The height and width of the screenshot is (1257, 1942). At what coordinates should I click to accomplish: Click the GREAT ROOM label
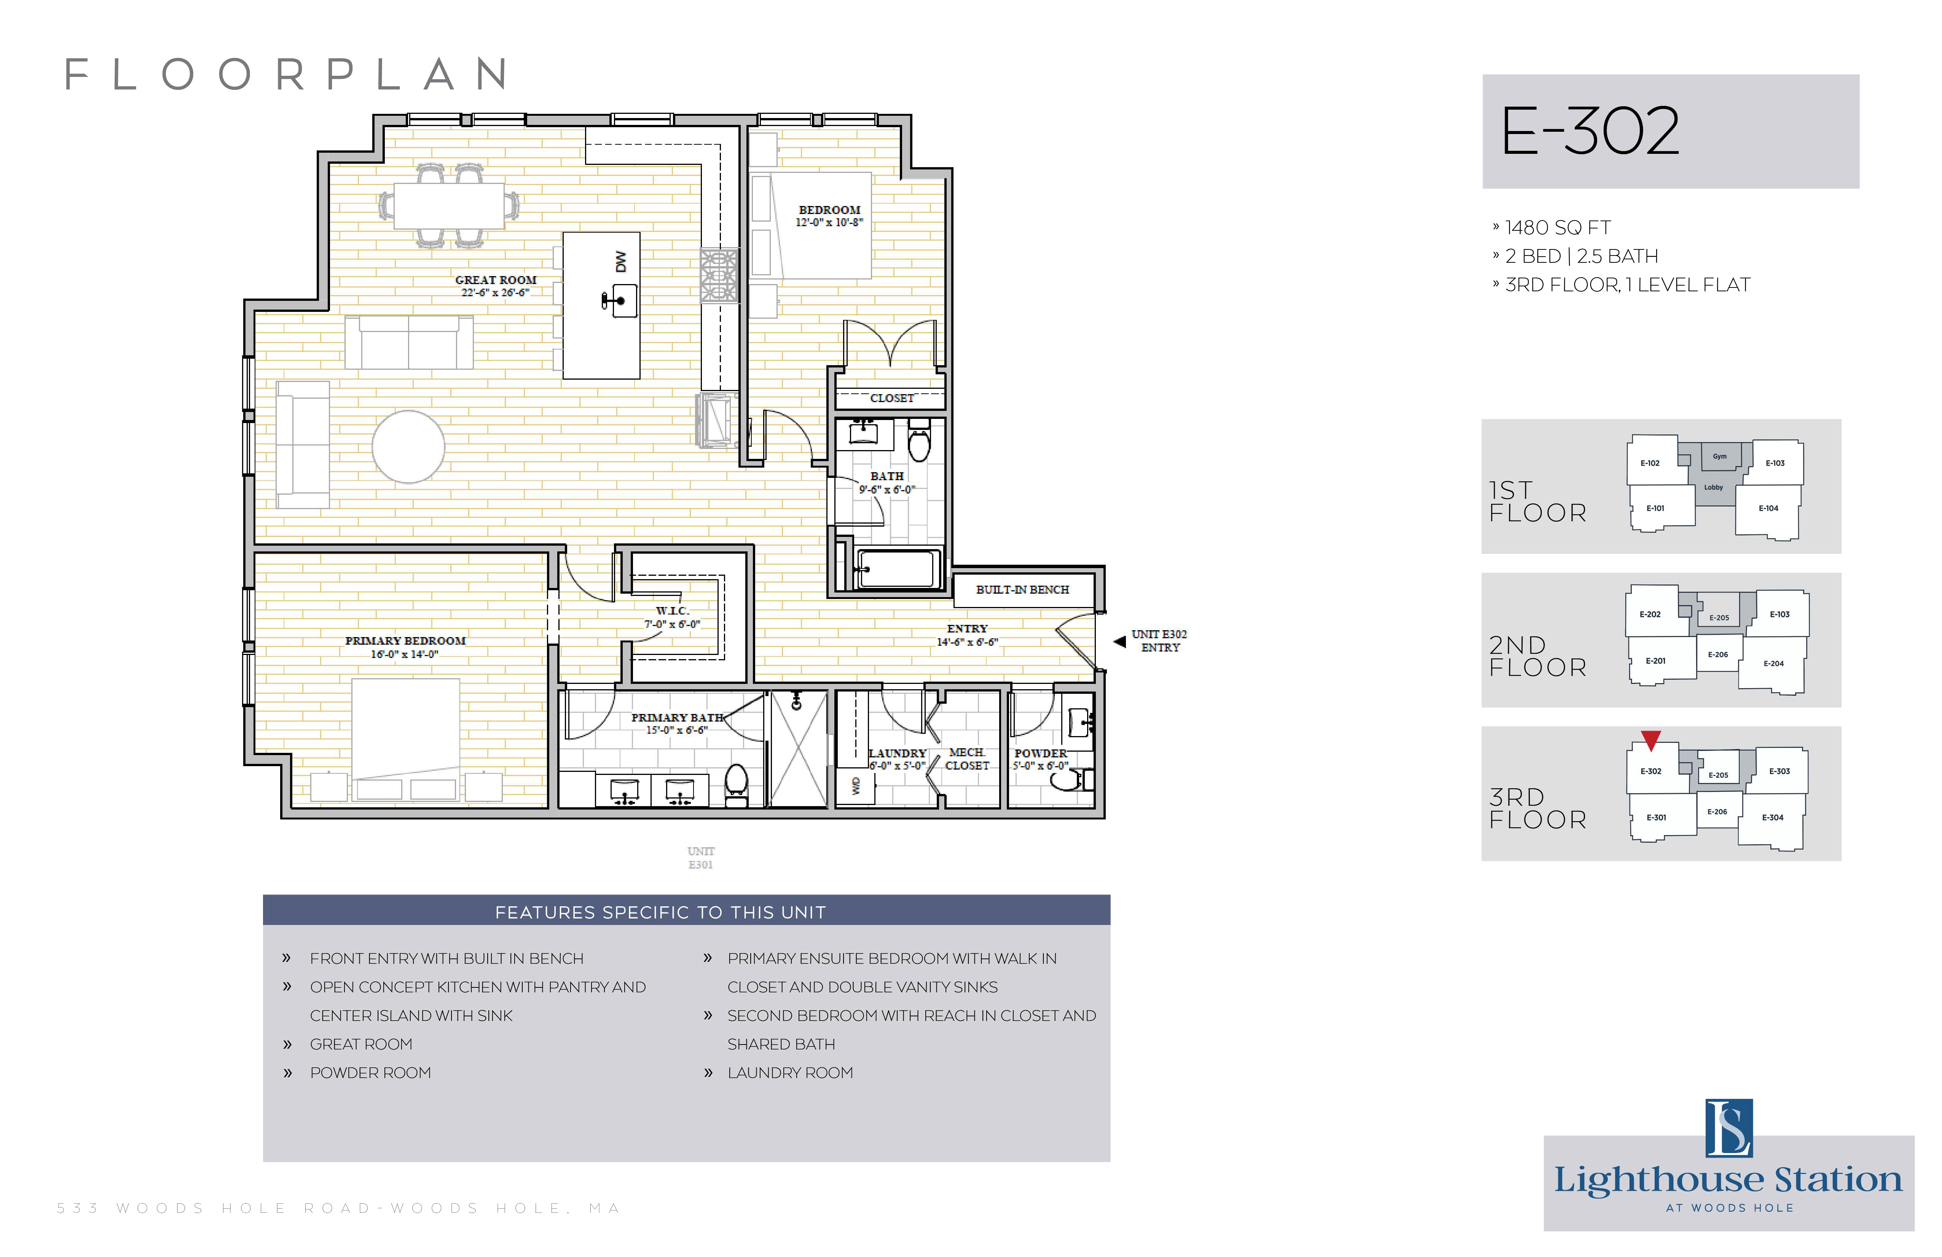pyautogui.click(x=495, y=280)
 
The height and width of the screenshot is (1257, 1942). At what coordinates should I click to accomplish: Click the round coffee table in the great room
pyautogui.click(x=408, y=446)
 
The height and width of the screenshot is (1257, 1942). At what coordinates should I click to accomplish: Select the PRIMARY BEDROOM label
pyautogui.click(x=405, y=641)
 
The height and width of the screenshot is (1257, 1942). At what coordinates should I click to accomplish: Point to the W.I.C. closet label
pyautogui.click(x=672, y=610)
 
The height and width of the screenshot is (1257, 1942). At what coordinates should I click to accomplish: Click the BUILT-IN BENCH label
pyautogui.click(x=1022, y=589)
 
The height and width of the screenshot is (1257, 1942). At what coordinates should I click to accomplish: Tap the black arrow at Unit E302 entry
pyautogui.click(x=1119, y=642)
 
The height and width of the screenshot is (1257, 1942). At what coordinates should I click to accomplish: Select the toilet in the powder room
pyautogui.click(x=1071, y=779)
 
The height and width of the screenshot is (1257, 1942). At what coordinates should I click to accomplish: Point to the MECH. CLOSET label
pyautogui.click(x=967, y=758)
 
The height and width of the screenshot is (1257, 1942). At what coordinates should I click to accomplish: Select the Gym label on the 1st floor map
pyautogui.click(x=1719, y=456)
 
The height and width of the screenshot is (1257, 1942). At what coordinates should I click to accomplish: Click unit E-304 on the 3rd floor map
pyautogui.click(x=1772, y=817)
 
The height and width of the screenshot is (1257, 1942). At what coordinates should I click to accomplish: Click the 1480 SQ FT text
pyautogui.click(x=1558, y=228)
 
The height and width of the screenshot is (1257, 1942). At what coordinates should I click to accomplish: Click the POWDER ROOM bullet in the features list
pyautogui.click(x=370, y=1073)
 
